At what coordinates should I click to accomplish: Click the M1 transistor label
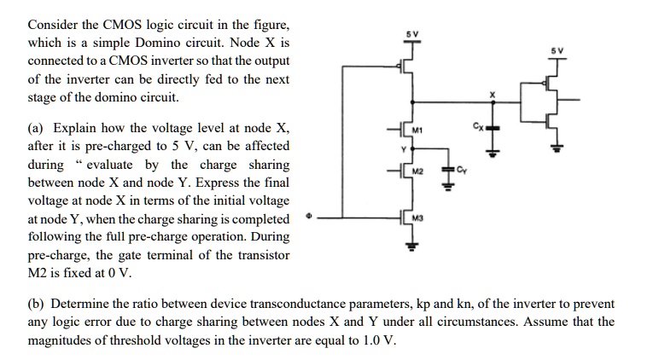[418, 131]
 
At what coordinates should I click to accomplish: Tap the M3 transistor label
[418, 219]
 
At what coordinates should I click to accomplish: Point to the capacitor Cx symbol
[492, 131]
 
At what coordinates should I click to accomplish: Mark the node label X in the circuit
[491, 93]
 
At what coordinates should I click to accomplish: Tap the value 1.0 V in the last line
[379, 340]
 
